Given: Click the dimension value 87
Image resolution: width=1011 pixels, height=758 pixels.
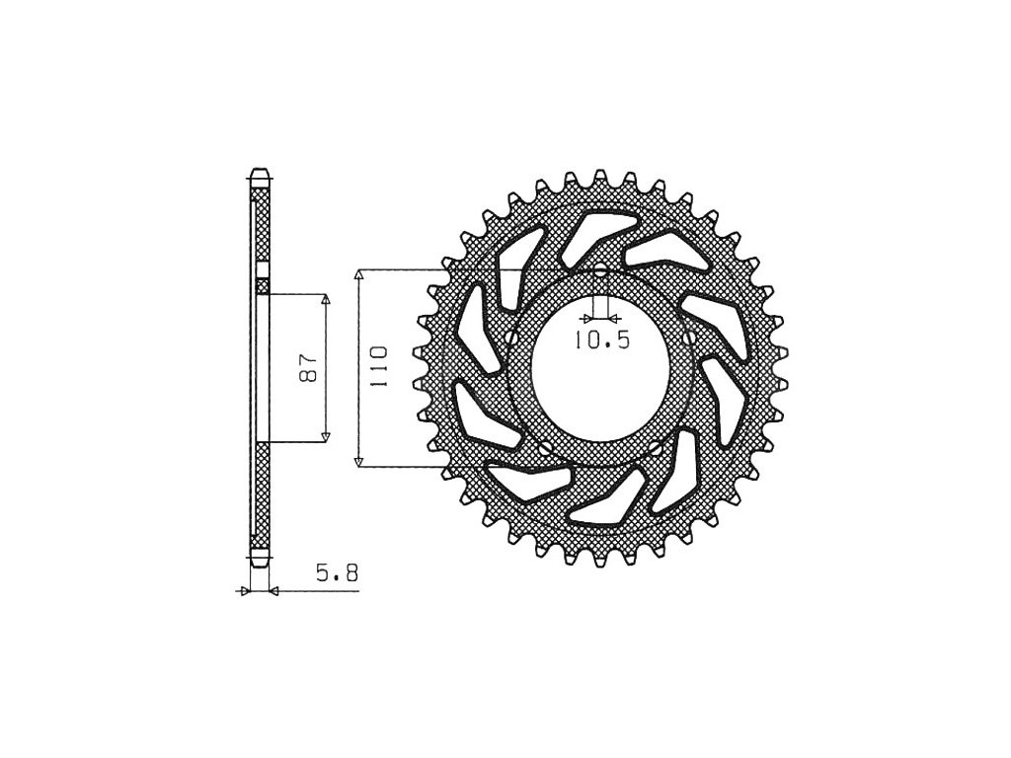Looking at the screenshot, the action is pyautogui.click(x=309, y=367).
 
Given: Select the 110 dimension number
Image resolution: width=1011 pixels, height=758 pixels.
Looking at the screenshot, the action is pyautogui.click(x=378, y=367).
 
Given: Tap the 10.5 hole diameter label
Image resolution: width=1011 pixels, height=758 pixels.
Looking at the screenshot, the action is pyautogui.click(x=601, y=340).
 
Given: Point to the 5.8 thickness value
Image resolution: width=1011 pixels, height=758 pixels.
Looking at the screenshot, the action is pyautogui.click(x=337, y=572).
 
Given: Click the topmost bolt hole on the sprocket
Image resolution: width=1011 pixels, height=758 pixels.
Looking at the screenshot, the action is pyautogui.click(x=600, y=271).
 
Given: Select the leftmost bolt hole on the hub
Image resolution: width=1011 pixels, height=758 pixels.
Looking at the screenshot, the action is pyautogui.click(x=512, y=338).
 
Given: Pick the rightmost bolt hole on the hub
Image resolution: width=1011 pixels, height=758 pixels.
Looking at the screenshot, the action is pyautogui.click(x=689, y=338).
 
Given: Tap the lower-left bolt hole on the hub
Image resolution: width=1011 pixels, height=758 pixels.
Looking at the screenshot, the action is pyautogui.click(x=546, y=447).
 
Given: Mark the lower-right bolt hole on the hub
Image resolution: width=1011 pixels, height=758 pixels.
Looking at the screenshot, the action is pyautogui.click(x=656, y=446).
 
